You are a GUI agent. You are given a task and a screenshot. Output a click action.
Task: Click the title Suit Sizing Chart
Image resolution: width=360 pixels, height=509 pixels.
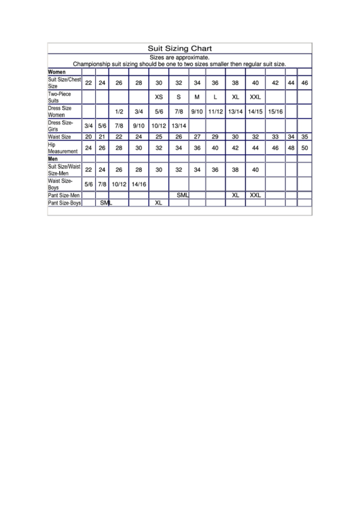[x=180, y=48]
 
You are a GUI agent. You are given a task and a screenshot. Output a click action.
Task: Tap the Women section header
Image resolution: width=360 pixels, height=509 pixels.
[x=56, y=71]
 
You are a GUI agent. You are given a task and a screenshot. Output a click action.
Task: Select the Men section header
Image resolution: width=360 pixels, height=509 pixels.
[x=53, y=158]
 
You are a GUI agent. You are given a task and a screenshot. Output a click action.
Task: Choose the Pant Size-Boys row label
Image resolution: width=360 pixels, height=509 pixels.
[x=65, y=203]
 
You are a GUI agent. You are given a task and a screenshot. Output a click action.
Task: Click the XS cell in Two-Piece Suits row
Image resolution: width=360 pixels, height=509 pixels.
[x=159, y=96]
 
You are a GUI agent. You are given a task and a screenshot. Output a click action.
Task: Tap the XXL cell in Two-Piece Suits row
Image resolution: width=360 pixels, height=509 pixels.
[x=255, y=96]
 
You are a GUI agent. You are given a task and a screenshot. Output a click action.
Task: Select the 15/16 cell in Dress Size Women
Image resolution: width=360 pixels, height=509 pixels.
[x=276, y=111]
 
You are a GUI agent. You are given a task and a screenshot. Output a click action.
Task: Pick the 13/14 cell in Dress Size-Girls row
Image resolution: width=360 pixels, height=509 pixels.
[x=179, y=126]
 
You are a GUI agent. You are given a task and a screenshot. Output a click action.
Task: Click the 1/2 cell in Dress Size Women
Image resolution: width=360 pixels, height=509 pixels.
[x=119, y=111]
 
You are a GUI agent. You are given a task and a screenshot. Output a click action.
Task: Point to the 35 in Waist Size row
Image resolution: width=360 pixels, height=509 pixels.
[x=305, y=137]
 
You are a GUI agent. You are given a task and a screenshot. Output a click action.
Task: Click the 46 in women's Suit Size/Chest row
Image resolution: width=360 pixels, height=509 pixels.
[x=305, y=83]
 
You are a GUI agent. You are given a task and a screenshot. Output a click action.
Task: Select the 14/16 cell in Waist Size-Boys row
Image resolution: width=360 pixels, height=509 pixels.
[x=139, y=184]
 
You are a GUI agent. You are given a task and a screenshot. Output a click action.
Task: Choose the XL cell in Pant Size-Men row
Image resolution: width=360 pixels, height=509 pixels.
[x=236, y=195]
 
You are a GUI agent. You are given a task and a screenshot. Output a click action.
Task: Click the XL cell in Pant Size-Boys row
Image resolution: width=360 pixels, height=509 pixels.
[x=159, y=203]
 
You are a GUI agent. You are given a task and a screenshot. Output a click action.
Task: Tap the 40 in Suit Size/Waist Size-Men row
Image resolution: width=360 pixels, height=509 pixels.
[x=255, y=170]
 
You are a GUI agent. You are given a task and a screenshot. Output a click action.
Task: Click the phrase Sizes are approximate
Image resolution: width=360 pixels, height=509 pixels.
[x=179, y=58]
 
